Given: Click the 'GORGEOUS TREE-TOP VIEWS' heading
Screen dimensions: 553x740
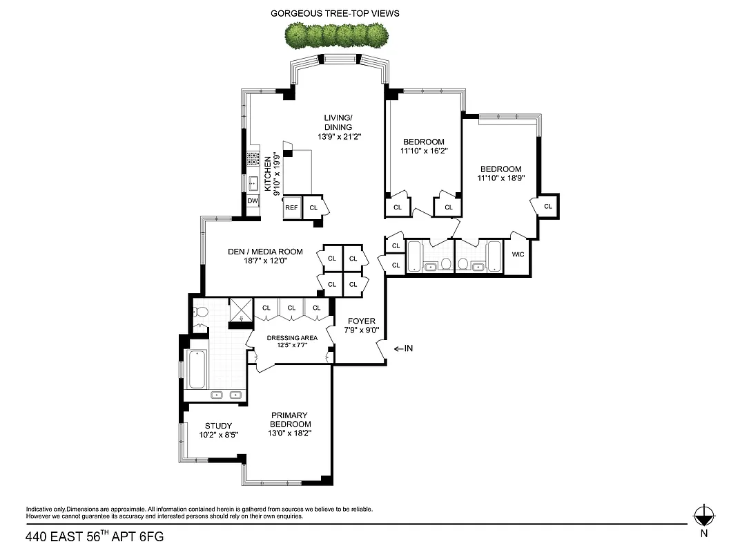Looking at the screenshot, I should click(x=335, y=13).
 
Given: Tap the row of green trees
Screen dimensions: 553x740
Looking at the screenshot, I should click(x=336, y=34).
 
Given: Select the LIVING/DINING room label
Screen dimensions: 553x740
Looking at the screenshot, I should click(x=338, y=126).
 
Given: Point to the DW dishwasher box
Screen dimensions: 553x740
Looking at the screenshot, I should click(x=253, y=201).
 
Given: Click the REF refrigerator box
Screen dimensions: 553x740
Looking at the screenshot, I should click(x=291, y=207).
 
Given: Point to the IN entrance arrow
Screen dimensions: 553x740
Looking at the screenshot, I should click(x=403, y=348).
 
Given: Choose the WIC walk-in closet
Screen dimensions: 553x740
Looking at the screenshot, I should click(x=518, y=254).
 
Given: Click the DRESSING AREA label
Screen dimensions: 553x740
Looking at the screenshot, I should click(x=292, y=338).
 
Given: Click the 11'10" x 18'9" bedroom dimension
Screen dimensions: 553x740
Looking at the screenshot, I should click(x=500, y=178).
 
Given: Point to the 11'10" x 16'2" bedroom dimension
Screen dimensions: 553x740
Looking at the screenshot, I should click(x=424, y=151).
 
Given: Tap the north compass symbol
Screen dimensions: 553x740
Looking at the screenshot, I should click(x=703, y=515).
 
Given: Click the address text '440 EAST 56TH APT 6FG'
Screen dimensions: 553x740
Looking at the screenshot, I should click(x=95, y=536).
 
